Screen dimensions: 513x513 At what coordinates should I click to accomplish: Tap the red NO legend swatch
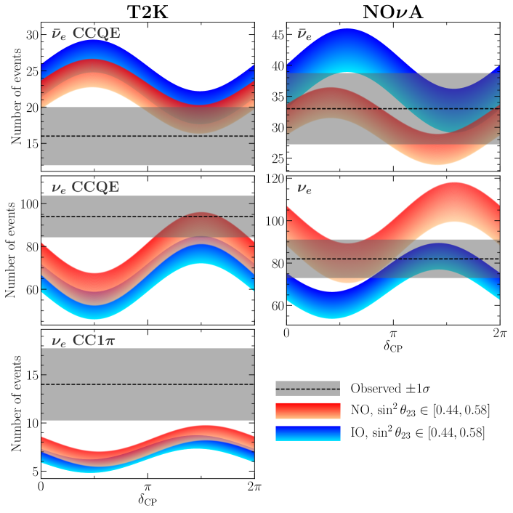[308, 411]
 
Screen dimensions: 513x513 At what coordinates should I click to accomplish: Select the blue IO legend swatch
[308, 433]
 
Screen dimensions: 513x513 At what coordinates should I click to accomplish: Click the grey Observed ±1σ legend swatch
[308, 388]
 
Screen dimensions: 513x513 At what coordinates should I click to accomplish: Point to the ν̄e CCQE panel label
[86, 33]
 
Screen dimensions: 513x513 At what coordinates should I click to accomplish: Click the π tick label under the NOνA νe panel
[392, 333]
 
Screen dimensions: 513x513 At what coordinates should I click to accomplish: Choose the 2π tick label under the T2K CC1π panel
[253, 485]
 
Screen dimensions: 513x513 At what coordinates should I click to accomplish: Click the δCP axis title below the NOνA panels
[392, 346]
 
